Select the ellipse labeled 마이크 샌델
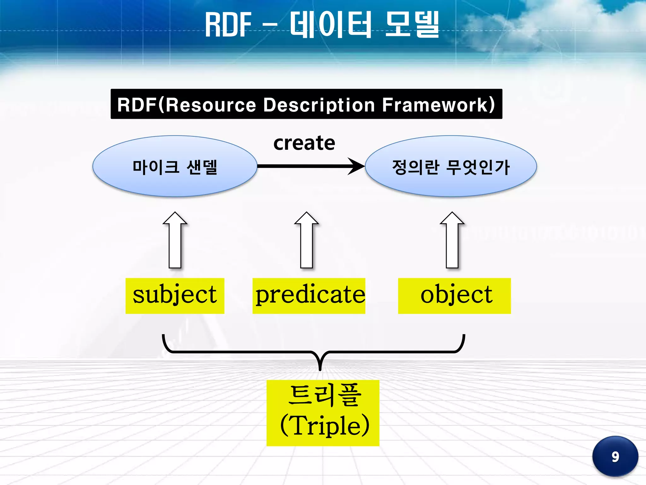(175, 166)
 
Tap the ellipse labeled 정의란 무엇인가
(451, 166)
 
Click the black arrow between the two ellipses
(311, 166)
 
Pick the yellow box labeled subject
(175, 296)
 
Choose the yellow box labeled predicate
(309, 296)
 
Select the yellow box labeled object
(454, 296)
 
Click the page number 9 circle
(615, 456)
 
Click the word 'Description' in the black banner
(319, 105)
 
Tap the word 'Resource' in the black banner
(211, 105)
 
